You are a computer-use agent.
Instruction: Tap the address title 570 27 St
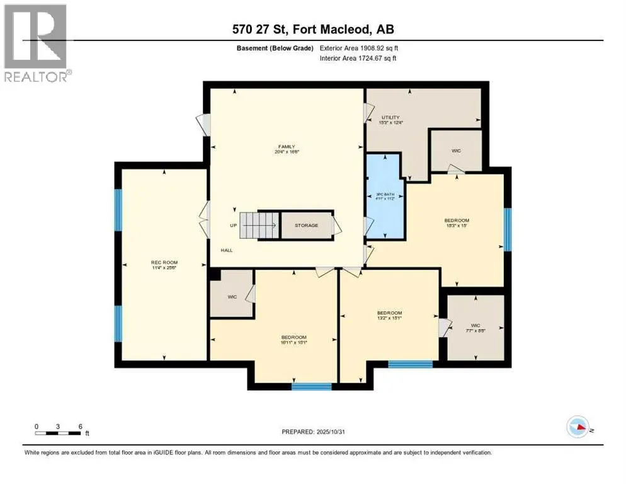[x=313, y=30]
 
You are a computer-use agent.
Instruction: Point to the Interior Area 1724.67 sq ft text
[x=359, y=59]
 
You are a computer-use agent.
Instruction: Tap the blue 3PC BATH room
[x=385, y=196]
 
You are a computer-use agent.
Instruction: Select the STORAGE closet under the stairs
[x=307, y=225]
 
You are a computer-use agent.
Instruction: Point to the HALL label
[x=227, y=250]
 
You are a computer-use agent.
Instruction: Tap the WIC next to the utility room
[x=456, y=151]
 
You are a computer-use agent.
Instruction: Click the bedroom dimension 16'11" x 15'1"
[x=293, y=342]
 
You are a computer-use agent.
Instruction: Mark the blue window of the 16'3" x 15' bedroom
[x=507, y=229]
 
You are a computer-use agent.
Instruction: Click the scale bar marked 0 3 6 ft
[x=59, y=433]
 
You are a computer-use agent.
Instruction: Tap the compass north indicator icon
[x=578, y=427]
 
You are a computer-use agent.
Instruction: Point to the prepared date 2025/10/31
[x=313, y=432]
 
